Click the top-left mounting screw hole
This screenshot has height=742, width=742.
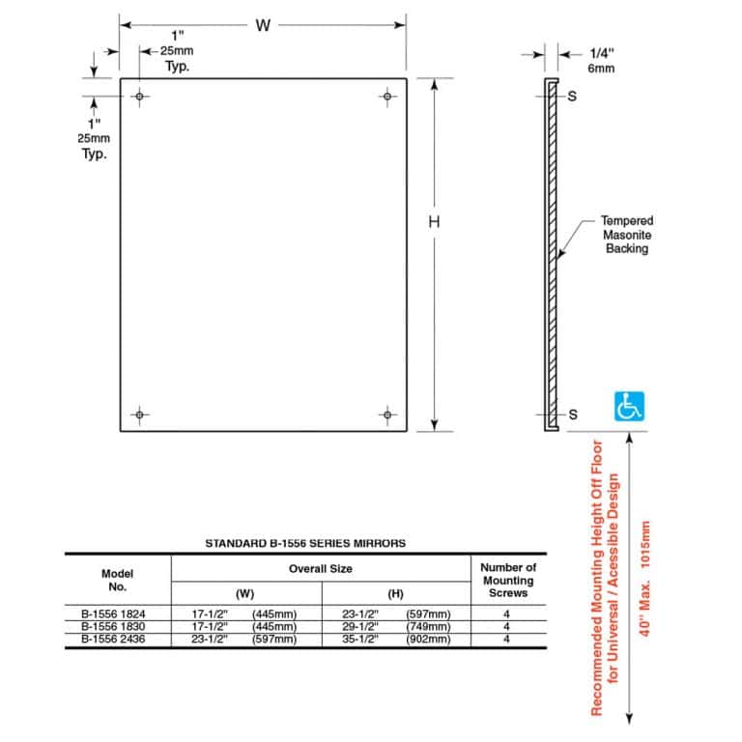coord(140,97)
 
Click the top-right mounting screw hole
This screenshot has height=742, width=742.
coord(387,97)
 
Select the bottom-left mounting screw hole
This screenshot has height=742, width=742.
coord(140,414)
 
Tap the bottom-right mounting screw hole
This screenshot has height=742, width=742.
coord(387,414)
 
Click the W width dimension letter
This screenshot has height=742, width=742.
coord(262,26)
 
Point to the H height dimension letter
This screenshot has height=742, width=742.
coord(435,222)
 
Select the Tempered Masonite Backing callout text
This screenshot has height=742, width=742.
coord(626,235)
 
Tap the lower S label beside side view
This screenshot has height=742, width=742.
coord(573,414)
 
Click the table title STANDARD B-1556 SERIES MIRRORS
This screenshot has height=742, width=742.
coord(305,544)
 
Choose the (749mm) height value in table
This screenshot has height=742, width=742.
coord(429,626)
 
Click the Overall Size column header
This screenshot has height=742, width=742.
coord(321,569)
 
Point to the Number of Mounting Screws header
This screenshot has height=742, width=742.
coord(507,580)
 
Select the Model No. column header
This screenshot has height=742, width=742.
coord(117,580)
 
